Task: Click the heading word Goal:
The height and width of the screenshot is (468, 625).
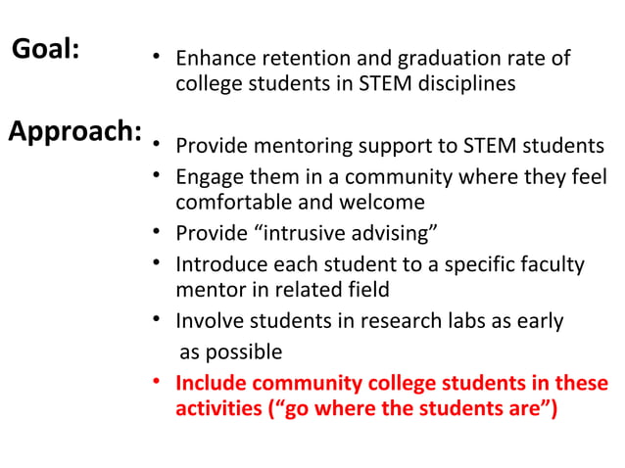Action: (45, 50)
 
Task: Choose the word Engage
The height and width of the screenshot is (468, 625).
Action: (209, 178)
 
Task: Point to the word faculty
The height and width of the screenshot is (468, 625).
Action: (549, 264)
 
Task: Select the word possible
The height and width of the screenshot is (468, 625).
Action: (240, 351)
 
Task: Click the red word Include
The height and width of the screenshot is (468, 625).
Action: (210, 383)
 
